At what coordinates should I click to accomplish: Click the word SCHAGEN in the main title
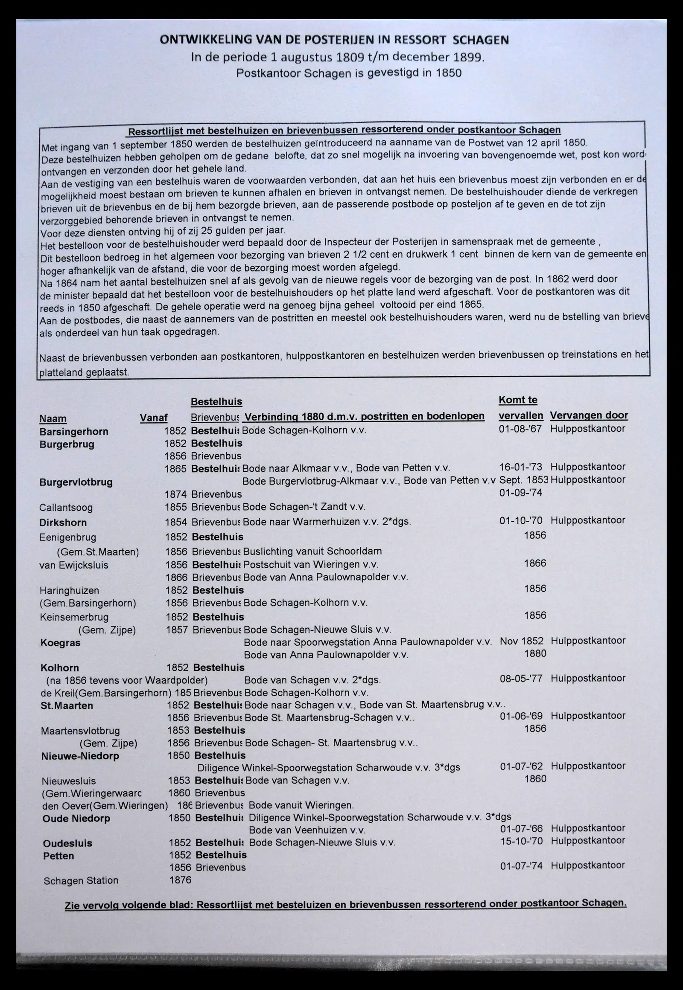(481, 40)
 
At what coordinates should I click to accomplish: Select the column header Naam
(53, 418)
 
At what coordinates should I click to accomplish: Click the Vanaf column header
(153, 418)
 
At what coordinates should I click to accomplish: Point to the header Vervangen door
(588, 415)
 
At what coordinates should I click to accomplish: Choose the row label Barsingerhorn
(73, 432)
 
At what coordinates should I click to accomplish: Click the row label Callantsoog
(65, 508)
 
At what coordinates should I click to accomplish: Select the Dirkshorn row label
(63, 523)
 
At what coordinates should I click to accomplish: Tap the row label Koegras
(60, 643)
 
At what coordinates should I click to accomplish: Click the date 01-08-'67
(520, 429)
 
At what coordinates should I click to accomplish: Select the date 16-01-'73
(521, 467)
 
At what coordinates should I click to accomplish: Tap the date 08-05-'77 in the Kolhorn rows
(521, 678)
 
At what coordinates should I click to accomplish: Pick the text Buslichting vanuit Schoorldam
(312, 551)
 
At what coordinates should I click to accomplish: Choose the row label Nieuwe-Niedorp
(80, 756)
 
